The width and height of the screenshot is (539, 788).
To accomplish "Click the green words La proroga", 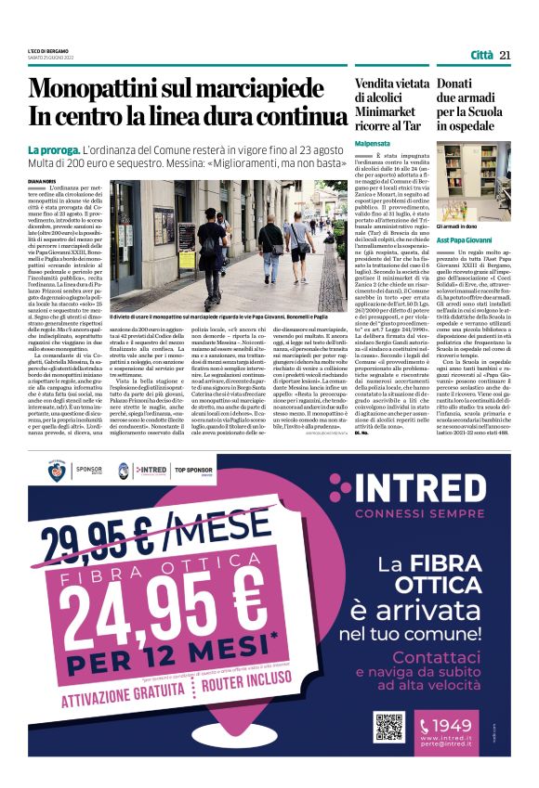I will pyautogui.click(x=53, y=150).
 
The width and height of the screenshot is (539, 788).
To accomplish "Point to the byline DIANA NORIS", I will pyautogui.click(x=45, y=183).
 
